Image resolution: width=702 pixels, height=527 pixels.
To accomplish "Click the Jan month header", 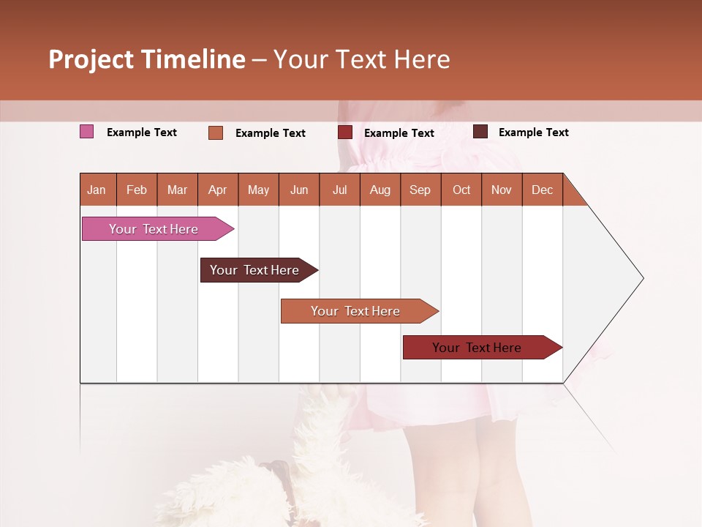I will [x=97, y=190].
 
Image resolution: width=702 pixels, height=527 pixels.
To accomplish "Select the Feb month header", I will [x=137, y=190].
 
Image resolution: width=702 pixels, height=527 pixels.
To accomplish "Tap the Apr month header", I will [x=217, y=190].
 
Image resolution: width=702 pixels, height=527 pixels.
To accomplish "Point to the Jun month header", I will [x=299, y=190].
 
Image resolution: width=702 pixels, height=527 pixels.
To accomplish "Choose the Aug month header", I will [x=380, y=190].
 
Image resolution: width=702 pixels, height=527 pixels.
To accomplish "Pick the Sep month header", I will [x=420, y=190].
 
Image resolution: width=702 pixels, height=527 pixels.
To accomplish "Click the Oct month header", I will [x=461, y=190].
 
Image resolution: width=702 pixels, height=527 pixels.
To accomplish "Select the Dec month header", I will [x=542, y=190].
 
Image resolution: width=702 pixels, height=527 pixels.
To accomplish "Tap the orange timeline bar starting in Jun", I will [x=356, y=311].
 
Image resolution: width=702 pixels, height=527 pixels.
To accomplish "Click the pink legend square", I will [x=86, y=132].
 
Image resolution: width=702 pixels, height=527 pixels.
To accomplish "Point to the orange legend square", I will [x=216, y=132].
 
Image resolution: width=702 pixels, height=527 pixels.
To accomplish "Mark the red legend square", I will [x=345, y=132].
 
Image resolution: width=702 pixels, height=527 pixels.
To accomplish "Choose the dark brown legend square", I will [x=480, y=132].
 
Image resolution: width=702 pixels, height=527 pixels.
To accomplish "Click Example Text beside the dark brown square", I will [x=533, y=132].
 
